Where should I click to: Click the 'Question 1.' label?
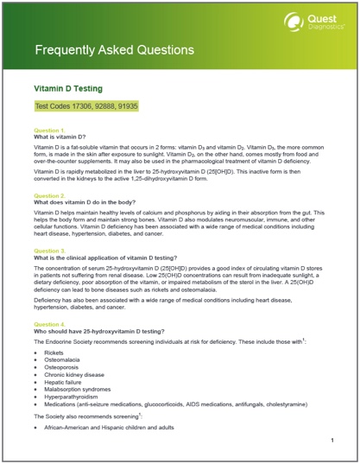tap(47, 130)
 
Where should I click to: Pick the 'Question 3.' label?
tap(47, 251)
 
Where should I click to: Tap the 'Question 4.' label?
tap(47, 323)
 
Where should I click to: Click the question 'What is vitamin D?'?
tap(60, 137)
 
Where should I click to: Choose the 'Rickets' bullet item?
tap(54, 353)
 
